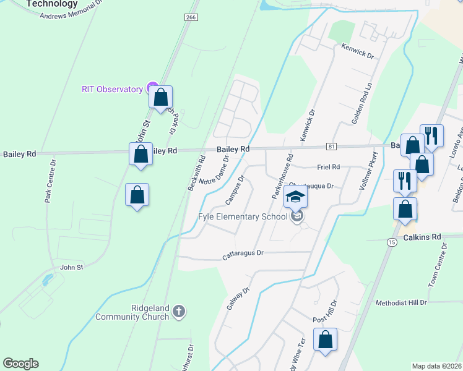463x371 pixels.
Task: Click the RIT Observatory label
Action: (112, 89)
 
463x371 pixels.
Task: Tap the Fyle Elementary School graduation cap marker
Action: (296, 198)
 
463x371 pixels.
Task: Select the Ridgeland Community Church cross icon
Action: (178, 310)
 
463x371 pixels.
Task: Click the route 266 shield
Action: (191, 17)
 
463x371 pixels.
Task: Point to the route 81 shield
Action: (332, 146)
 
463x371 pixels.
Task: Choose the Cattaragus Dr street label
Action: (243, 253)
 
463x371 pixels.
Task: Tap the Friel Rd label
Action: (327, 167)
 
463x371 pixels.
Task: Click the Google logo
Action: (20, 364)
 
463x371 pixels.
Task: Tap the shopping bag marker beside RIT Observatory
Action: (161, 97)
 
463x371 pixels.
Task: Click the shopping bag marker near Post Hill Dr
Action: (325, 339)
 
